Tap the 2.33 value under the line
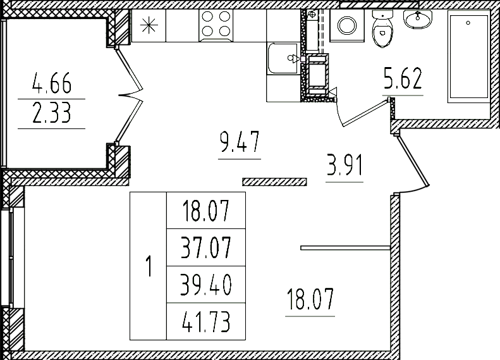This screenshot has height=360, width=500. coord(51,115)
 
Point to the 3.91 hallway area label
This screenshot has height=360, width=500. coord(345,168)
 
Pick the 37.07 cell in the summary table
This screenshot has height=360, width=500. coord(205,247)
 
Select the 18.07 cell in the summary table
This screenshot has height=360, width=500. coord(205,210)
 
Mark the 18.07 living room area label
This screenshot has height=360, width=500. coord(310,299)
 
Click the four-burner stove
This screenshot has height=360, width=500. coord(217,26)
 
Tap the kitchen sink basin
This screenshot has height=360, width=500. coord(283,58)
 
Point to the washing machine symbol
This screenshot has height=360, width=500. coord(347,25)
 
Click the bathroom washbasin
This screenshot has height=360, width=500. coord(417,20)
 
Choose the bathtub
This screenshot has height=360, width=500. coord(468,57)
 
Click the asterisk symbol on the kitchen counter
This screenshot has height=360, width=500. coord(148,26)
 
